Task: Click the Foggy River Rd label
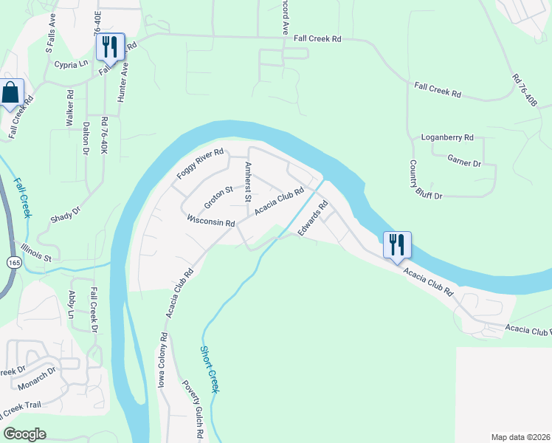pos(199,164)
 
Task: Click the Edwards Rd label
pos(312,220)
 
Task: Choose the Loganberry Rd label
pos(446,137)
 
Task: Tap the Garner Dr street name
pos(464,159)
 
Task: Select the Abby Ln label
pos(72,304)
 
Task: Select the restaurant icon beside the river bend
pos(397,244)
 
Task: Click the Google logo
pos(25,434)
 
